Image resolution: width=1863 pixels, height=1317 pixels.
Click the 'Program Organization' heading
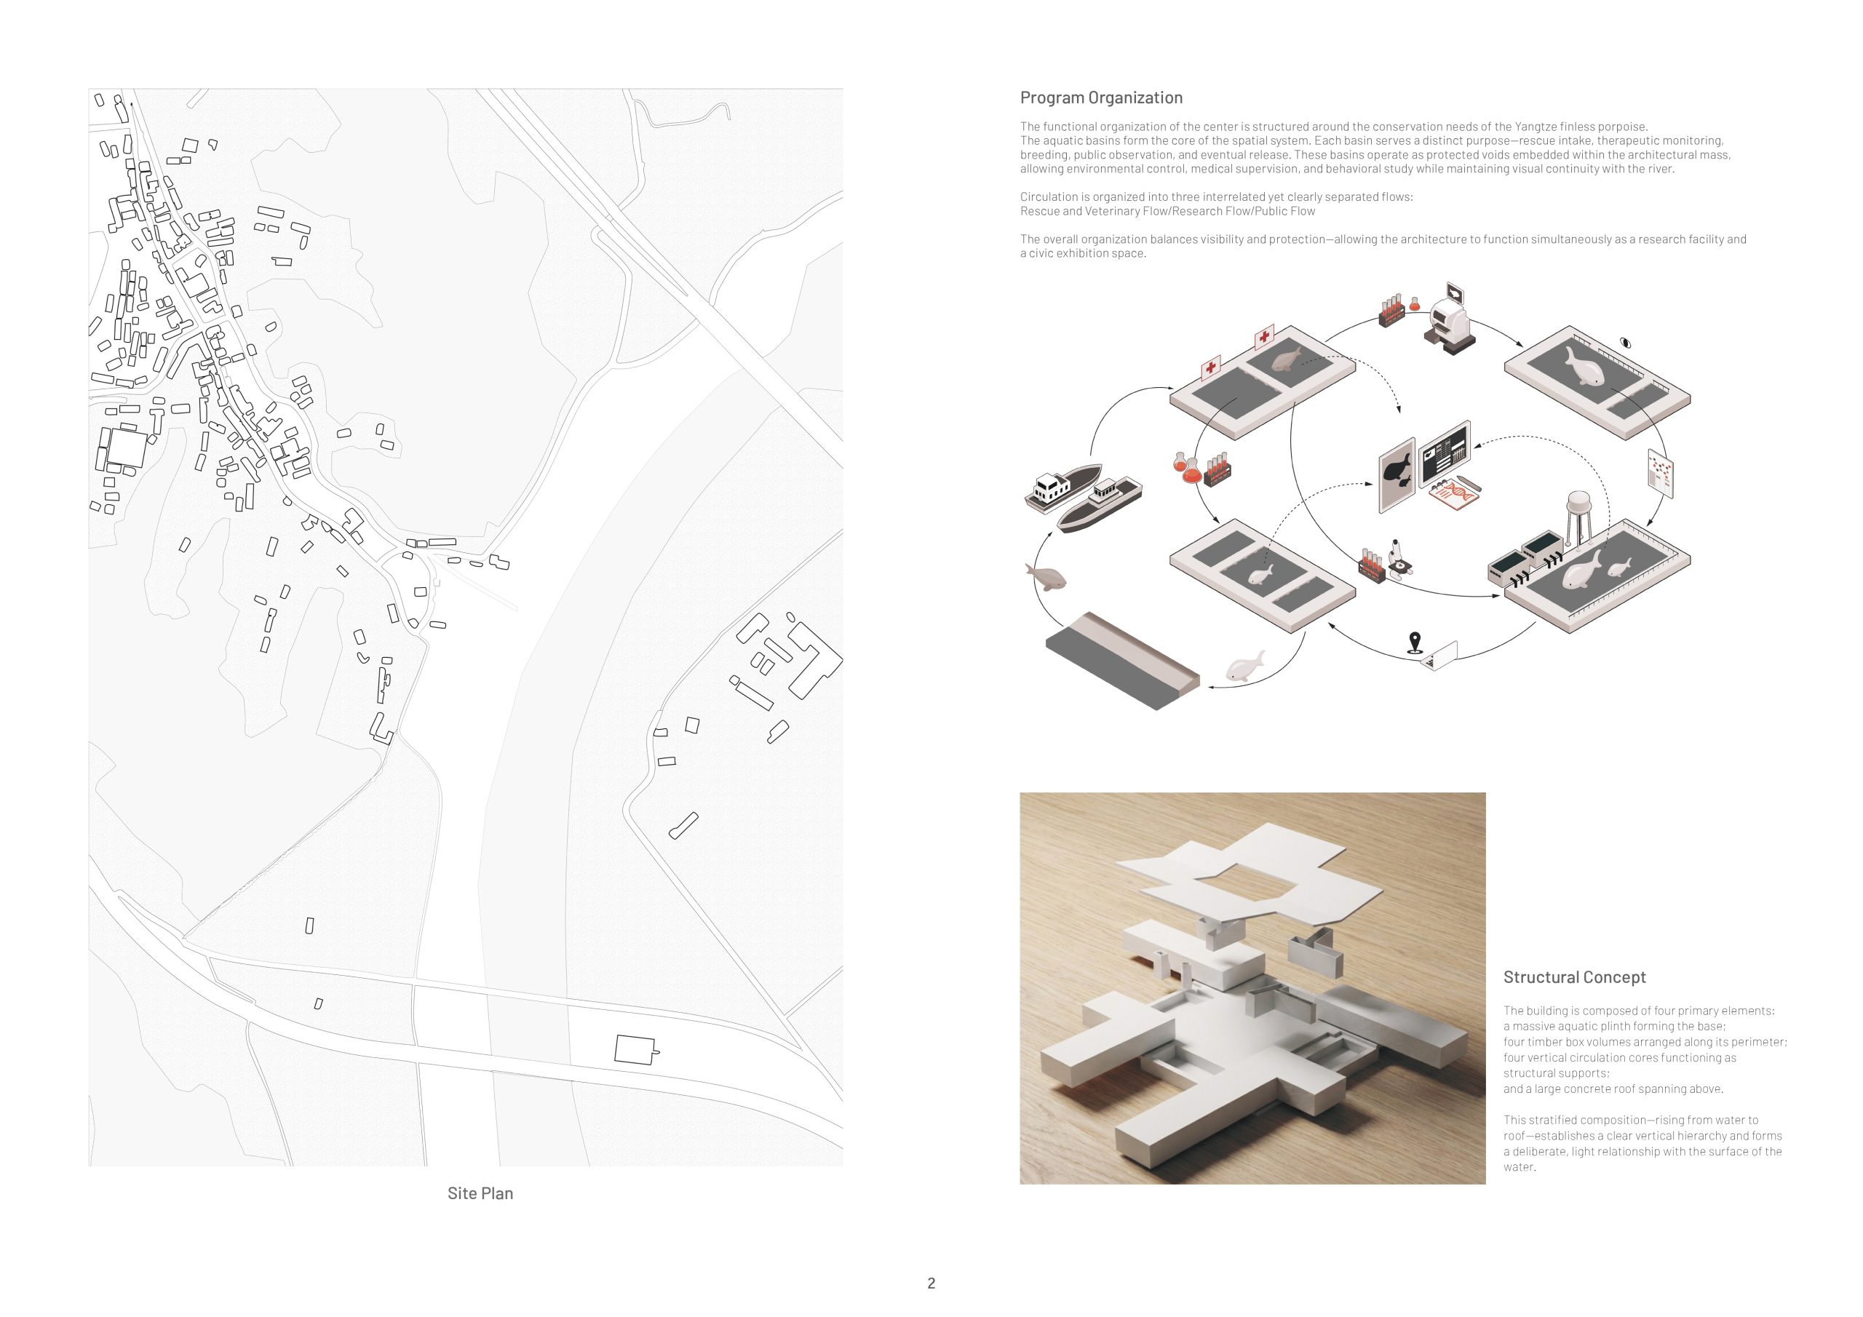pos(1101,98)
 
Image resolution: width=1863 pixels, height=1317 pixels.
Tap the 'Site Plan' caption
pos(480,1193)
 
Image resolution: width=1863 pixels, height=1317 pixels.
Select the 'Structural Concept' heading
pos(1574,977)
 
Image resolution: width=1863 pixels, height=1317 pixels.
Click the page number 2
pos(931,1283)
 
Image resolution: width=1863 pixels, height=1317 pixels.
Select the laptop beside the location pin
pos(1439,656)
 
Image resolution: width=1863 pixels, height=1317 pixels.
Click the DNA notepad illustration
pos(1454,494)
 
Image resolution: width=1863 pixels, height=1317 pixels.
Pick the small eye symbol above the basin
pos(1624,343)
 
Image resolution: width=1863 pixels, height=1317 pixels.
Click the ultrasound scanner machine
pos(1448,319)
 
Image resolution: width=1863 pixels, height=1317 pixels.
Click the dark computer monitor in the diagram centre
pos(1445,453)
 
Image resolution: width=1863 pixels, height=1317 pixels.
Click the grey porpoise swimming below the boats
pos(1046,577)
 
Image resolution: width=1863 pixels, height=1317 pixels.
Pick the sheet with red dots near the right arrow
pos(1660,473)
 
